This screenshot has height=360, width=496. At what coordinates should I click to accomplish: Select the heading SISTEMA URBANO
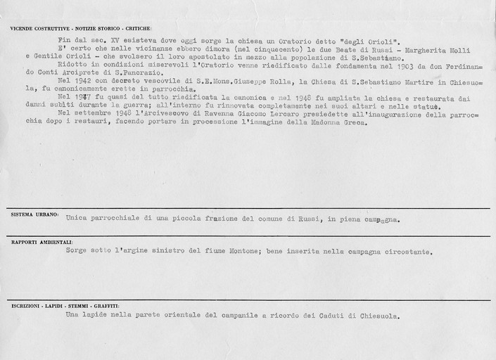tap(31, 213)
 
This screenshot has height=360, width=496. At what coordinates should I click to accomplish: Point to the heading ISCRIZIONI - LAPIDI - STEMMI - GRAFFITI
tap(64, 307)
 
